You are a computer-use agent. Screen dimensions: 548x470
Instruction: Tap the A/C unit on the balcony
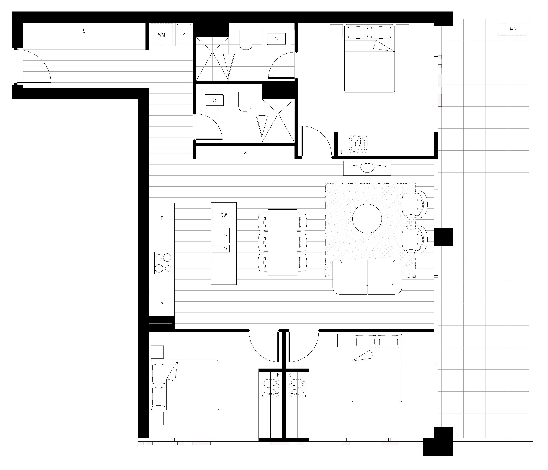click(513, 29)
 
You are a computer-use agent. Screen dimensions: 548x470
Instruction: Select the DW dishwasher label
click(224, 215)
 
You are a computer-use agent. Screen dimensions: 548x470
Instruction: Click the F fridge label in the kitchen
click(162, 218)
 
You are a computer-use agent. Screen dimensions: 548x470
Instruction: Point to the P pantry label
click(162, 304)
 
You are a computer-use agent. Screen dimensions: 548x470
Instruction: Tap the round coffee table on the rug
click(367, 219)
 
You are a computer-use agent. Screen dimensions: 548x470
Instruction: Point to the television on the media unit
click(367, 167)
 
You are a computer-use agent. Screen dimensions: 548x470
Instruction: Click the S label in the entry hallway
click(84, 31)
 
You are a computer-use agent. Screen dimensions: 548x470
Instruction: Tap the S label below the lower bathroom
click(246, 153)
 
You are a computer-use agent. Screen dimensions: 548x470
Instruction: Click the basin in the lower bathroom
click(214, 101)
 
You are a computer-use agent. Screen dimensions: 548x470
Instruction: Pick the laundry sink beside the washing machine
click(184, 34)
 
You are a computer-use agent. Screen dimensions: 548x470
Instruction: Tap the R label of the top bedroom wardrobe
click(341, 152)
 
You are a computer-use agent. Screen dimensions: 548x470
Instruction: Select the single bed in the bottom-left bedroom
click(185, 385)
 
